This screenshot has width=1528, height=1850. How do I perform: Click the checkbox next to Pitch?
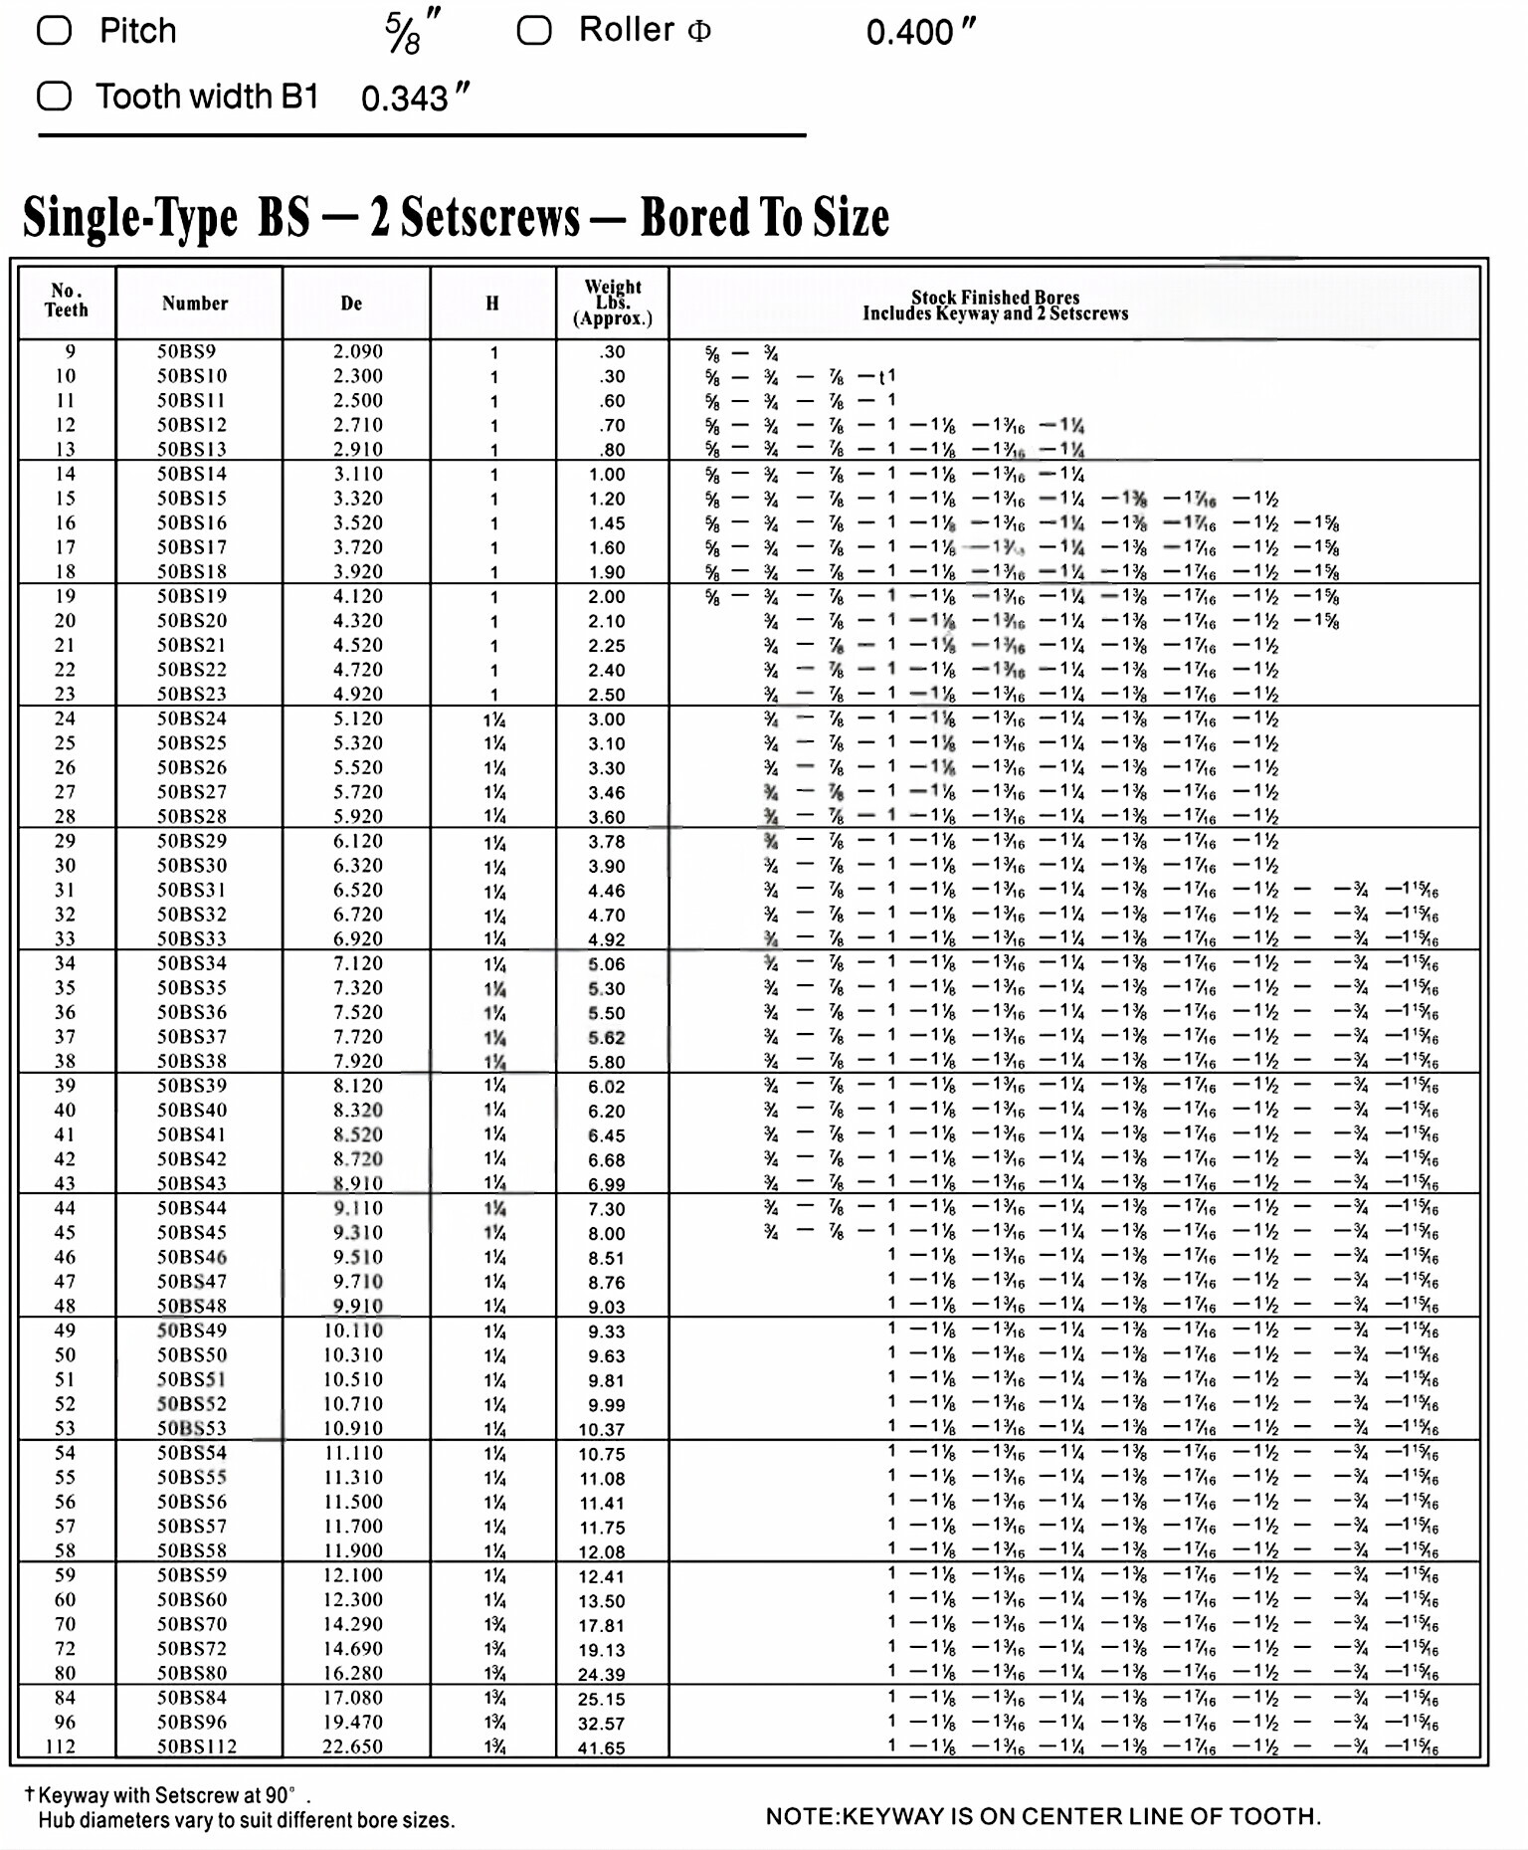click(x=55, y=31)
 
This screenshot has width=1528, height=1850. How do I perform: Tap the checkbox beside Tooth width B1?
click(x=55, y=97)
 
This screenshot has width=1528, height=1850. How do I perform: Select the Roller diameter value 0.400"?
click(x=920, y=32)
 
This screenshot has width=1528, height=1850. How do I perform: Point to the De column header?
click(x=351, y=304)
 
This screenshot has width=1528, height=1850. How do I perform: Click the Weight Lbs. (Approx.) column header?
click(x=612, y=303)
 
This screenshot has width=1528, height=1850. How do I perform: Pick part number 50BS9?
click(x=186, y=351)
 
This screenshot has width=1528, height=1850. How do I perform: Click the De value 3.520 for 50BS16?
click(x=357, y=522)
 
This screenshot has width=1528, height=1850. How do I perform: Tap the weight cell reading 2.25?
click(x=606, y=646)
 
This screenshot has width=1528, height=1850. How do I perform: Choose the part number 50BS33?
click(x=191, y=938)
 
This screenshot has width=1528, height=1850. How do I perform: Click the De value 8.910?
click(x=357, y=1183)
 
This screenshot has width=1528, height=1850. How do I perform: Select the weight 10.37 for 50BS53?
click(x=602, y=1429)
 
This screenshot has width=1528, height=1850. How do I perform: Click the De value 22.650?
click(x=352, y=1746)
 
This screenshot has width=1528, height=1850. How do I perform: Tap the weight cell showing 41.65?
click(x=602, y=1747)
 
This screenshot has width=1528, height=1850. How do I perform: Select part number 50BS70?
click(x=191, y=1623)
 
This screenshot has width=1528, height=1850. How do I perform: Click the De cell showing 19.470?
click(x=352, y=1722)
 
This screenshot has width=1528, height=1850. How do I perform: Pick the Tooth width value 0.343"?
click(x=415, y=98)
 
